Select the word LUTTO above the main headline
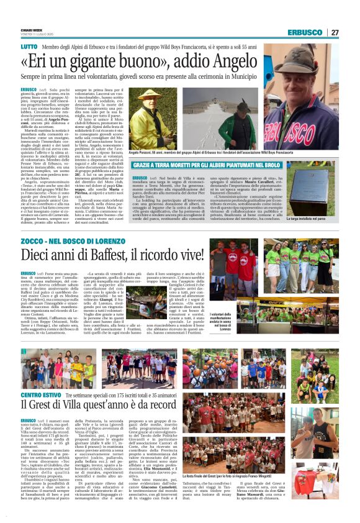29,47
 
